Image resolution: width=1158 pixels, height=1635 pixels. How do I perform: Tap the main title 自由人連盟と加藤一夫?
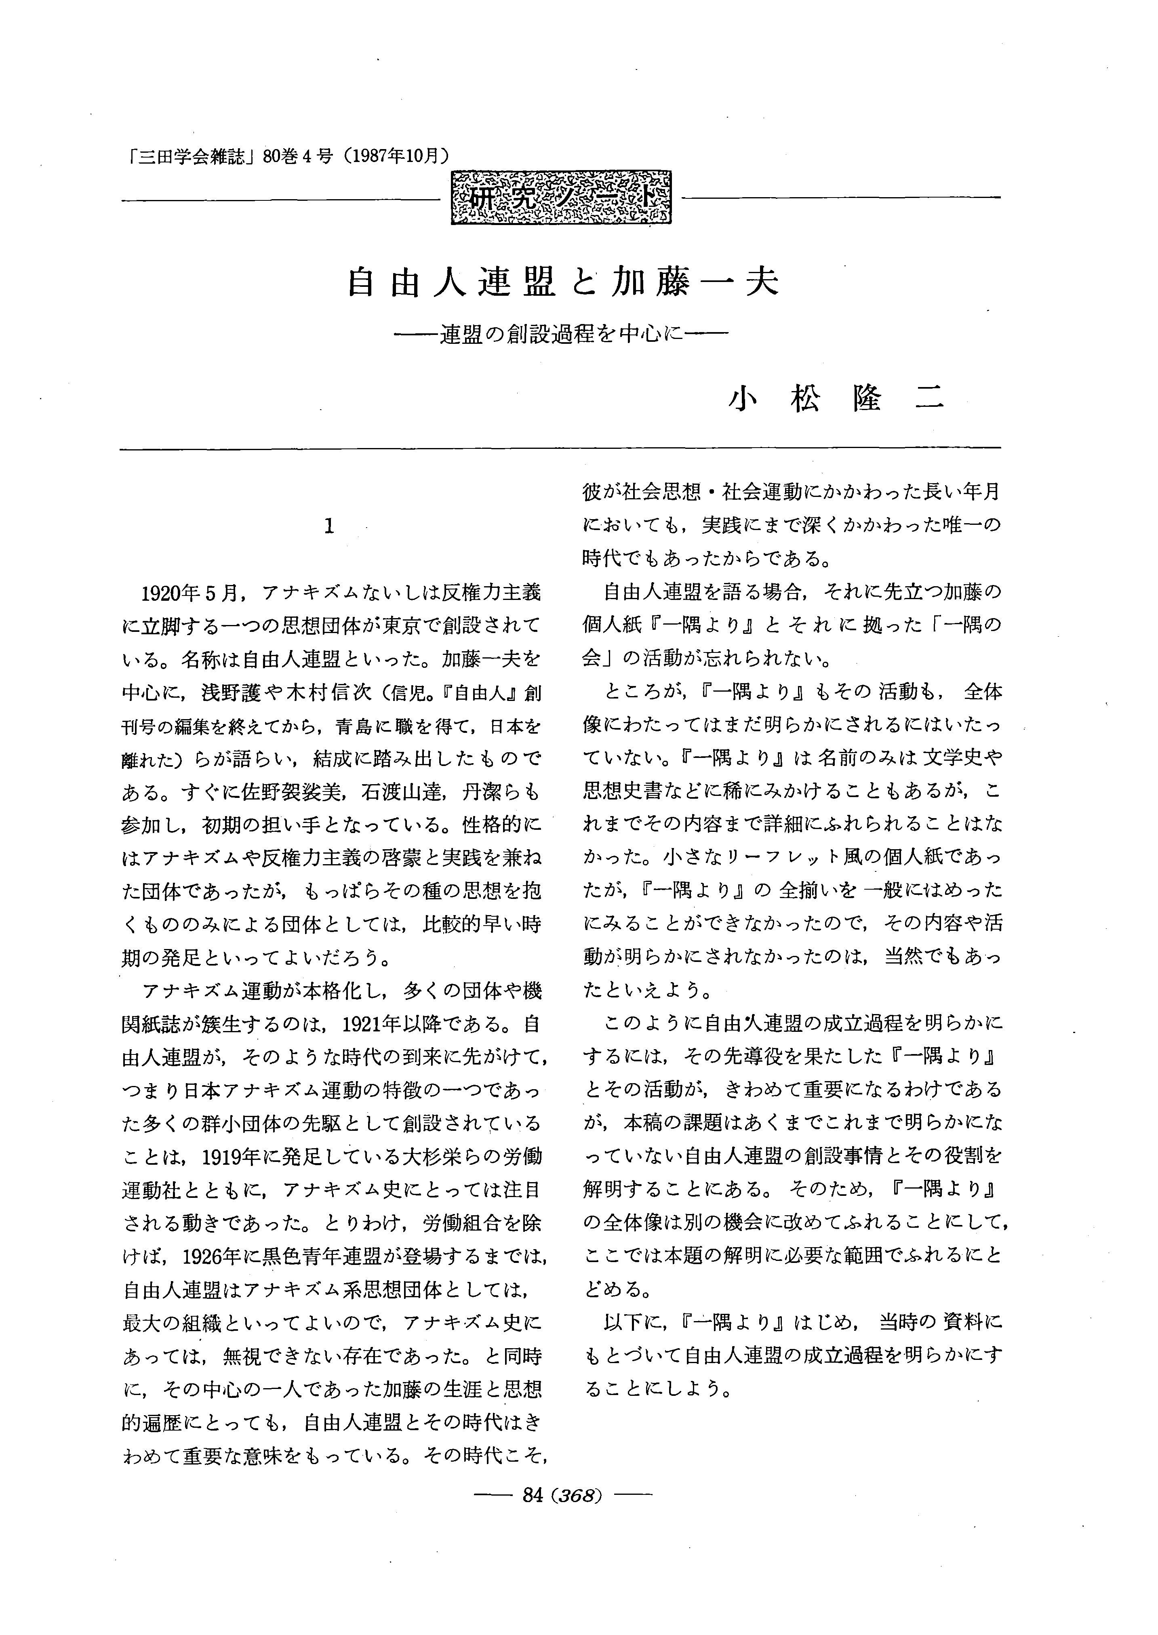[x=562, y=282]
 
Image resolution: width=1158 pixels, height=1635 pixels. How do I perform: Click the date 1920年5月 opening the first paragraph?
[x=189, y=593]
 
